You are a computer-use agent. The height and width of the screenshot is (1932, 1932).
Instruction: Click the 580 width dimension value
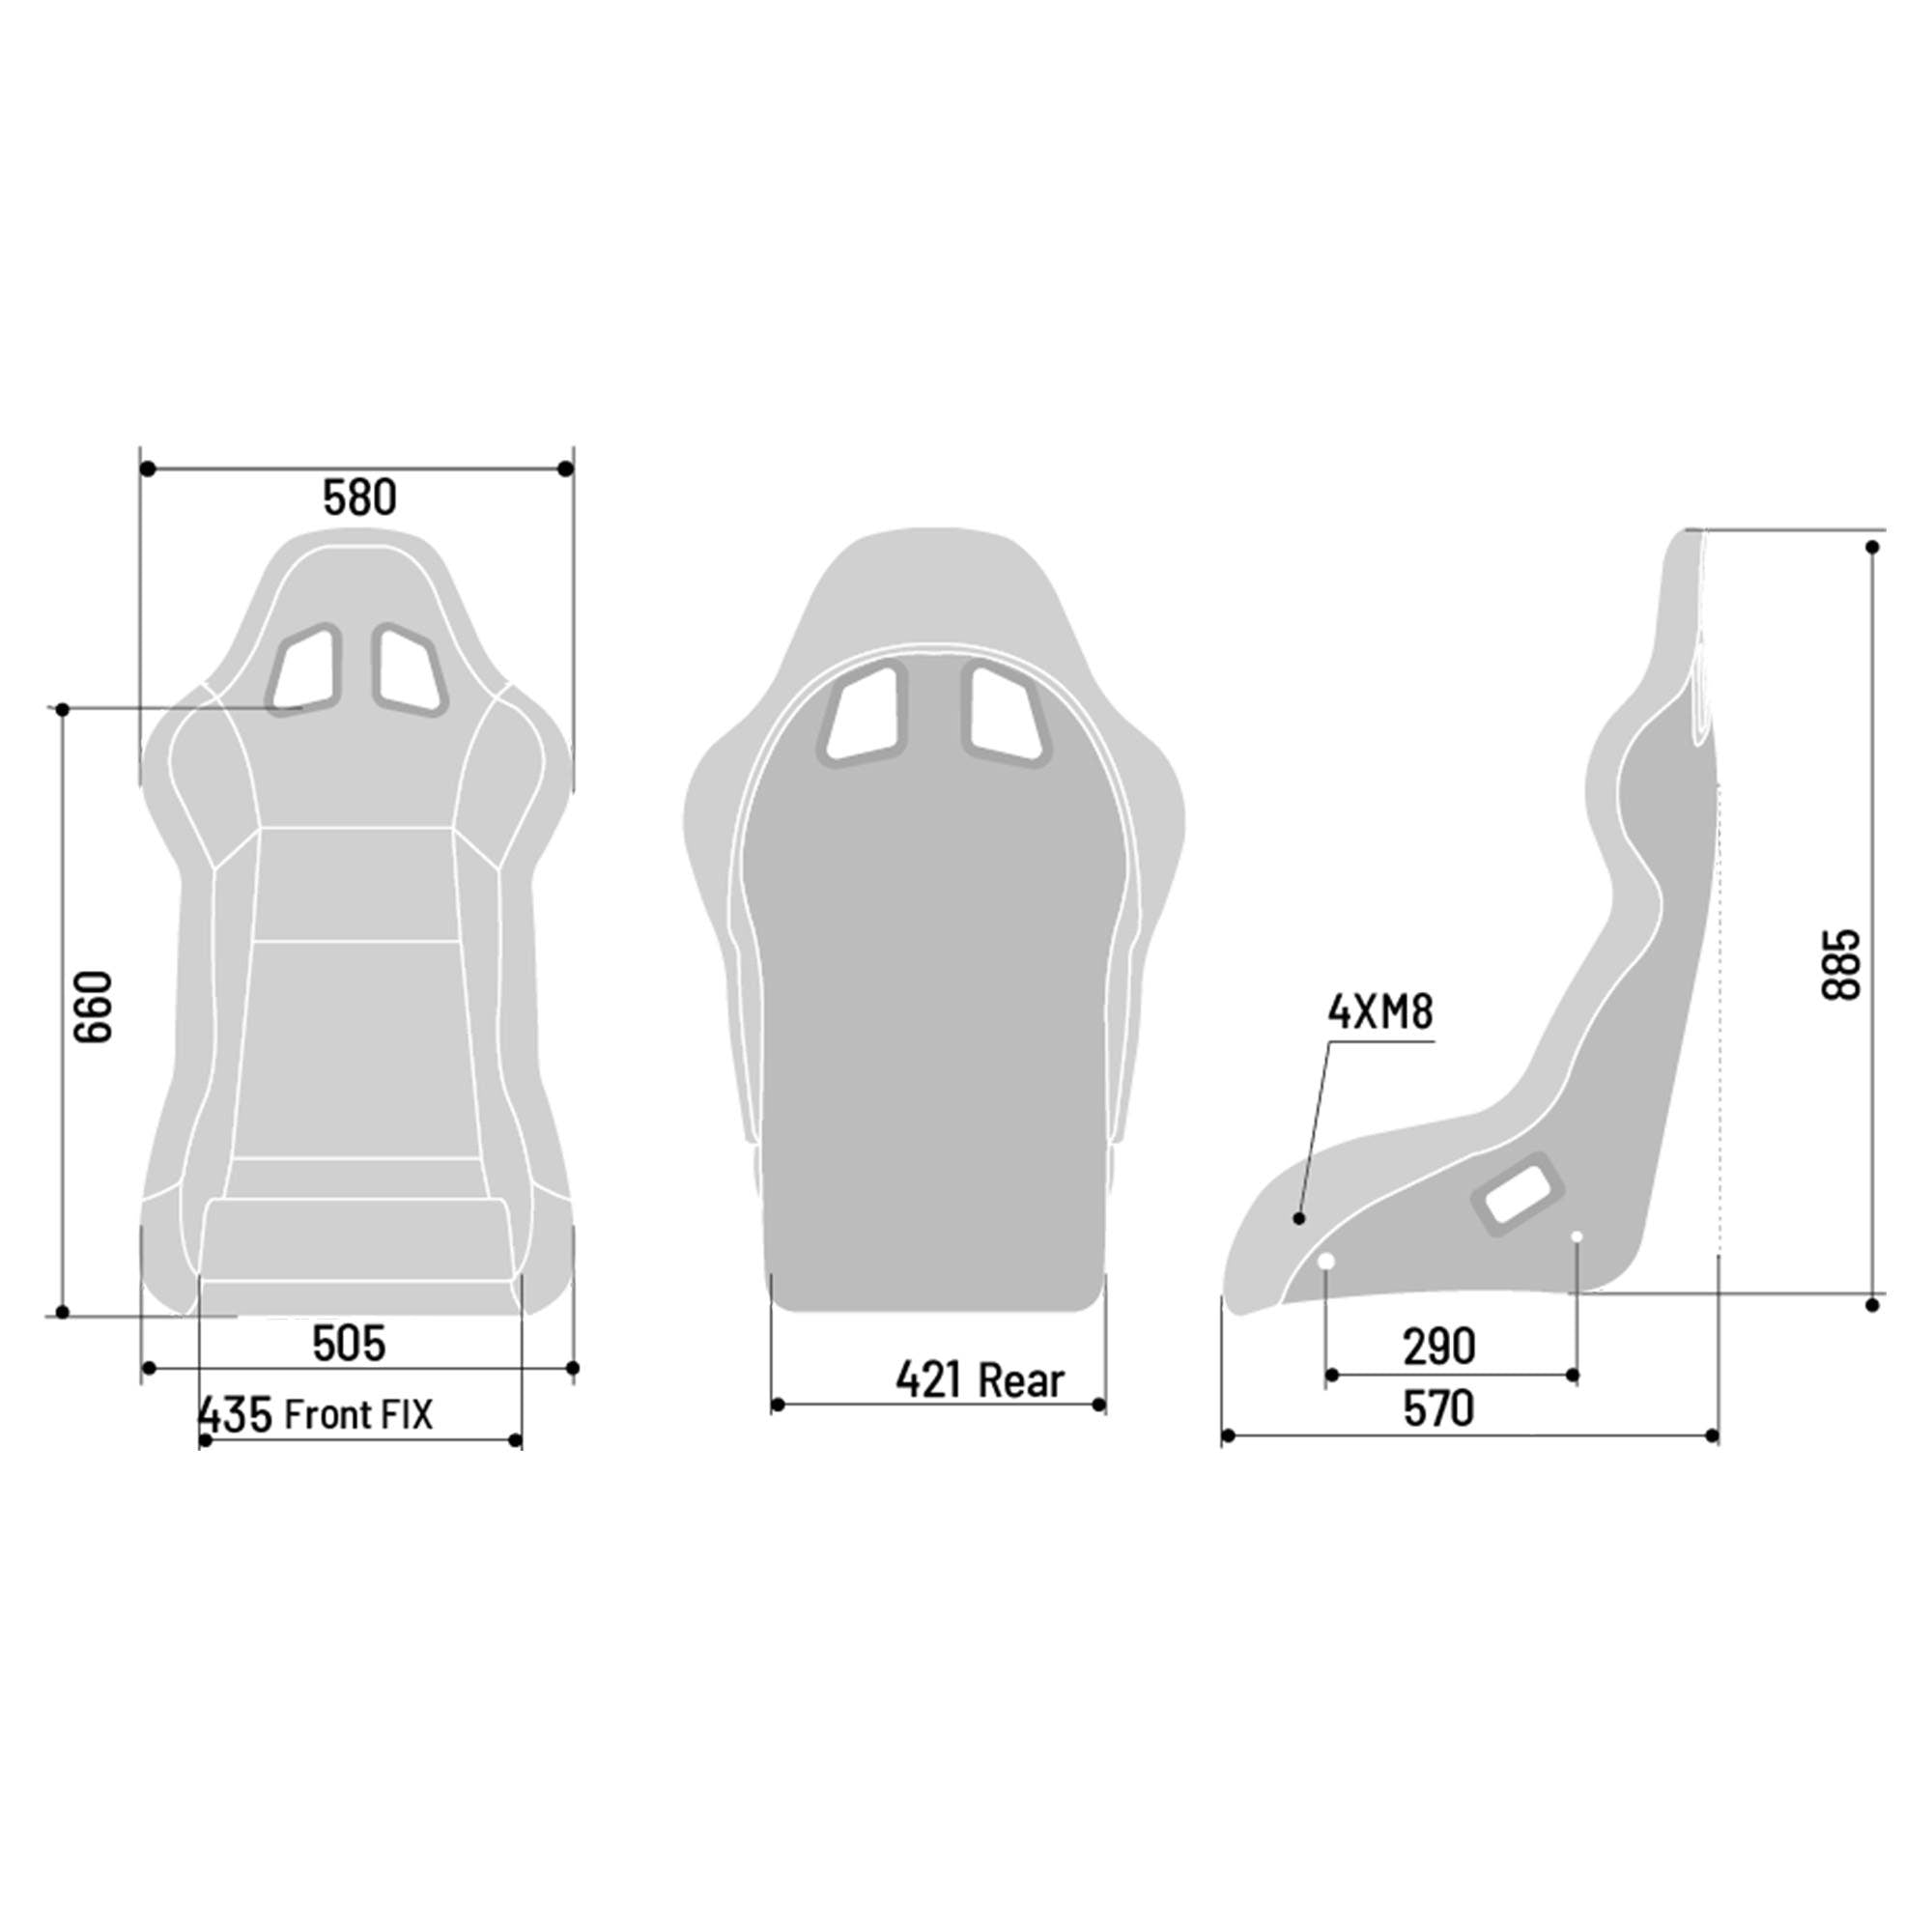point(359,497)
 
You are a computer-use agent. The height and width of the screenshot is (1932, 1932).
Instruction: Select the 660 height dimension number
point(95,1006)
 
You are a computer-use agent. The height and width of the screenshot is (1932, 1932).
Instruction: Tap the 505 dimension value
point(348,1343)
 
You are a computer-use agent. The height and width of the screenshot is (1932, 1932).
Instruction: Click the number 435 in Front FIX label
point(236,1415)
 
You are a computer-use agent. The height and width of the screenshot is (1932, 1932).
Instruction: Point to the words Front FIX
point(359,1414)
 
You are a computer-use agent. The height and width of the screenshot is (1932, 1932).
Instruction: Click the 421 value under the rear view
point(929,1380)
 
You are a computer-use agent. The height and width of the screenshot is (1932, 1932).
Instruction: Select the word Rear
point(1021,1380)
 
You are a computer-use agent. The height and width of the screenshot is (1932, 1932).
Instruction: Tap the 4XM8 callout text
point(1380,1013)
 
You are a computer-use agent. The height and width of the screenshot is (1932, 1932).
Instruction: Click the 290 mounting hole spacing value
point(1439,1346)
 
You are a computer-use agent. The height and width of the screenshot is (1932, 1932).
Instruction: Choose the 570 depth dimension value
point(1439,1409)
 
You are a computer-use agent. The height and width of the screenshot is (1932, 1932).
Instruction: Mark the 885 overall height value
point(1841,964)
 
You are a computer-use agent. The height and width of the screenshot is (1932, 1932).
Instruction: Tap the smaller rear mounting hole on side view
point(1577,1237)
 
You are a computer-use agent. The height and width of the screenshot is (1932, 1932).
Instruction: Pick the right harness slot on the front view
point(410,670)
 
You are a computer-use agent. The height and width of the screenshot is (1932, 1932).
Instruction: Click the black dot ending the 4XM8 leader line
point(1299,1217)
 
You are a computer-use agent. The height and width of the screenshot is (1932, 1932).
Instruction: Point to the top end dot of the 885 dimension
point(1872,547)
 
